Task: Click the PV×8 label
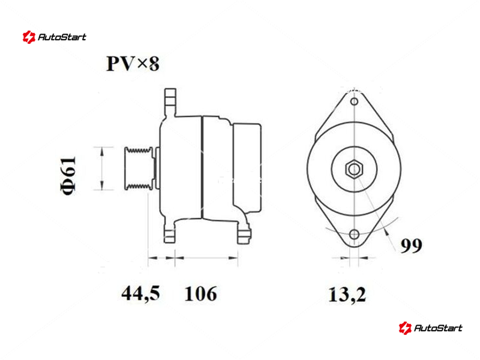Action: click(x=133, y=64)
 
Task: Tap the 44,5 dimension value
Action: click(x=141, y=294)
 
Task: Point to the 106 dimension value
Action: click(x=200, y=294)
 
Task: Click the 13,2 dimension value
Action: click(x=347, y=294)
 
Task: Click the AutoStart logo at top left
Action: click(x=54, y=37)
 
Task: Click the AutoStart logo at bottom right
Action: click(x=430, y=328)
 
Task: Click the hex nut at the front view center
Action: click(x=355, y=169)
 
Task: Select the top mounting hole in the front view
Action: click(x=355, y=103)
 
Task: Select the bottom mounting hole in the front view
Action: click(x=355, y=234)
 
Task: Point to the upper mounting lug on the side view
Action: click(x=170, y=101)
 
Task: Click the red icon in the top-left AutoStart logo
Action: click(x=28, y=37)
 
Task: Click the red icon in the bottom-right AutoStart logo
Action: click(x=404, y=328)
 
